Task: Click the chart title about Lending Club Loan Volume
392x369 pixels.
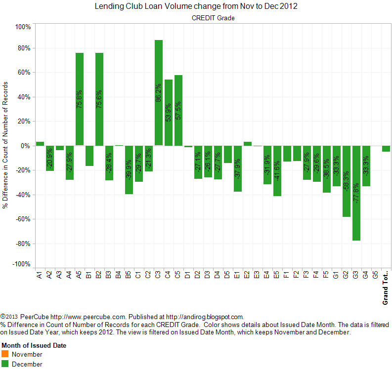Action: [196, 7]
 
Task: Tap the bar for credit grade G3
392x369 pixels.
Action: [356, 193]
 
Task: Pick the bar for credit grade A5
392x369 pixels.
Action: [80, 99]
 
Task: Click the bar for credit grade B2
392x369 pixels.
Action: [99, 99]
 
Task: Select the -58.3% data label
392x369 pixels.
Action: [347, 182]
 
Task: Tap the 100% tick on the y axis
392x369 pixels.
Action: [23, 27]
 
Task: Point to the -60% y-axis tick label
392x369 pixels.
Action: [23, 219]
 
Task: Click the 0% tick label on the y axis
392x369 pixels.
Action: [25, 146]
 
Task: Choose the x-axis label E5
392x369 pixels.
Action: [277, 274]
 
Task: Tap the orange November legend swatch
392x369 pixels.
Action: [5, 354]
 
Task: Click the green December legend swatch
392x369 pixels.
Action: [5, 364]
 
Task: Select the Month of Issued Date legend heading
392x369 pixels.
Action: [34, 346]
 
